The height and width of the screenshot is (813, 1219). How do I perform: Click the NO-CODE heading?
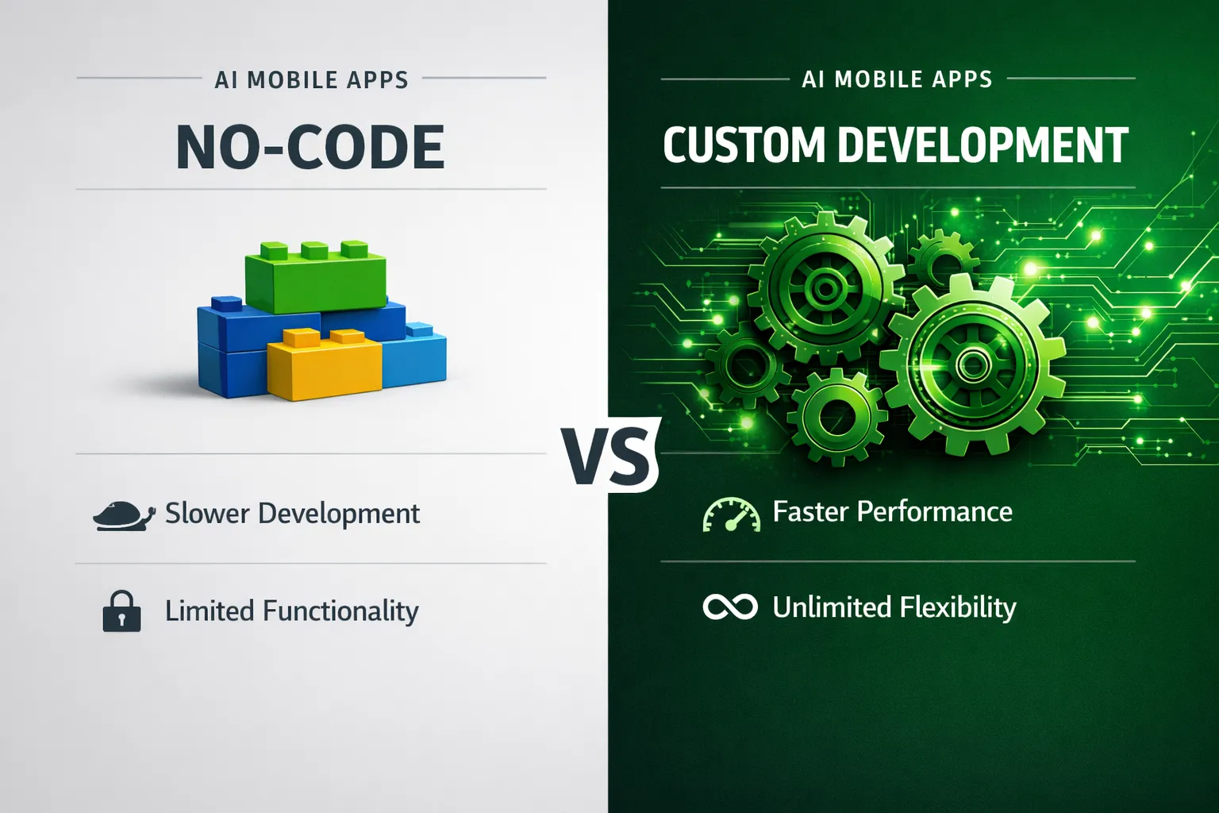(x=310, y=148)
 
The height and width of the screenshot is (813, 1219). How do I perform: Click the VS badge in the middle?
(x=609, y=456)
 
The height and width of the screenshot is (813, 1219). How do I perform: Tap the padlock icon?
(x=121, y=611)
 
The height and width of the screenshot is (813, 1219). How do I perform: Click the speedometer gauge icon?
(x=731, y=514)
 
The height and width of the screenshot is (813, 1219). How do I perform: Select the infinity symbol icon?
(x=730, y=607)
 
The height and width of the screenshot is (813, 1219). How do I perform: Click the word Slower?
(x=207, y=514)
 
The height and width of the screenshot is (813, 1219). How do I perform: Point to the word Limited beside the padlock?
(x=210, y=611)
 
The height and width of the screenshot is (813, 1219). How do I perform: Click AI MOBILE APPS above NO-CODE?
(x=311, y=80)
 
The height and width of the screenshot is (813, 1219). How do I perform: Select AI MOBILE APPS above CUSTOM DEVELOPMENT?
(x=897, y=79)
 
